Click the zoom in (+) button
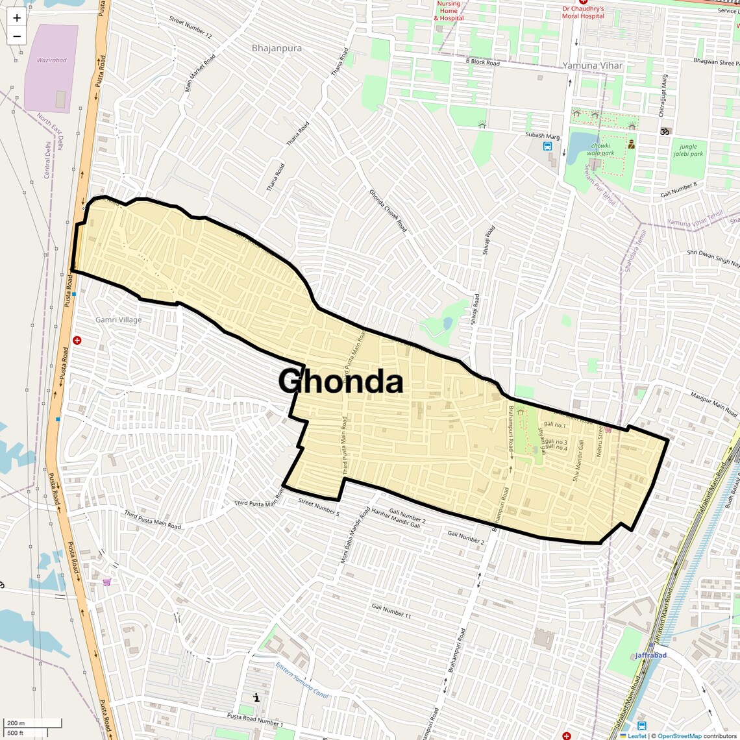[x=17, y=18]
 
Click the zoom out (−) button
[x=17, y=36]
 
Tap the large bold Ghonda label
[x=341, y=381]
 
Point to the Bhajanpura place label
[x=277, y=48]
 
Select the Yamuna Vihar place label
[x=592, y=66]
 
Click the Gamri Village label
[x=118, y=319]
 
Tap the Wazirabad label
[x=52, y=60]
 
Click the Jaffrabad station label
[x=650, y=655]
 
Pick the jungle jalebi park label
[x=688, y=150]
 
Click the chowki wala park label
[x=600, y=149]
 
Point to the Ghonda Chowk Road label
[x=388, y=210]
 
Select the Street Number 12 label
[x=190, y=27]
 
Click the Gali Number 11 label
[x=391, y=610]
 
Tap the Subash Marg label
[x=543, y=136]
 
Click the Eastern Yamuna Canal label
[x=302, y=680]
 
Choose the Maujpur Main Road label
[x=714, y=404]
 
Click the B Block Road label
[x=482, y=62]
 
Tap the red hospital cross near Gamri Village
[x=77, y=340]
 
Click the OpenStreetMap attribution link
[x=680, y=736]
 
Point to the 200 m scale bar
[x=33, y=723]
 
